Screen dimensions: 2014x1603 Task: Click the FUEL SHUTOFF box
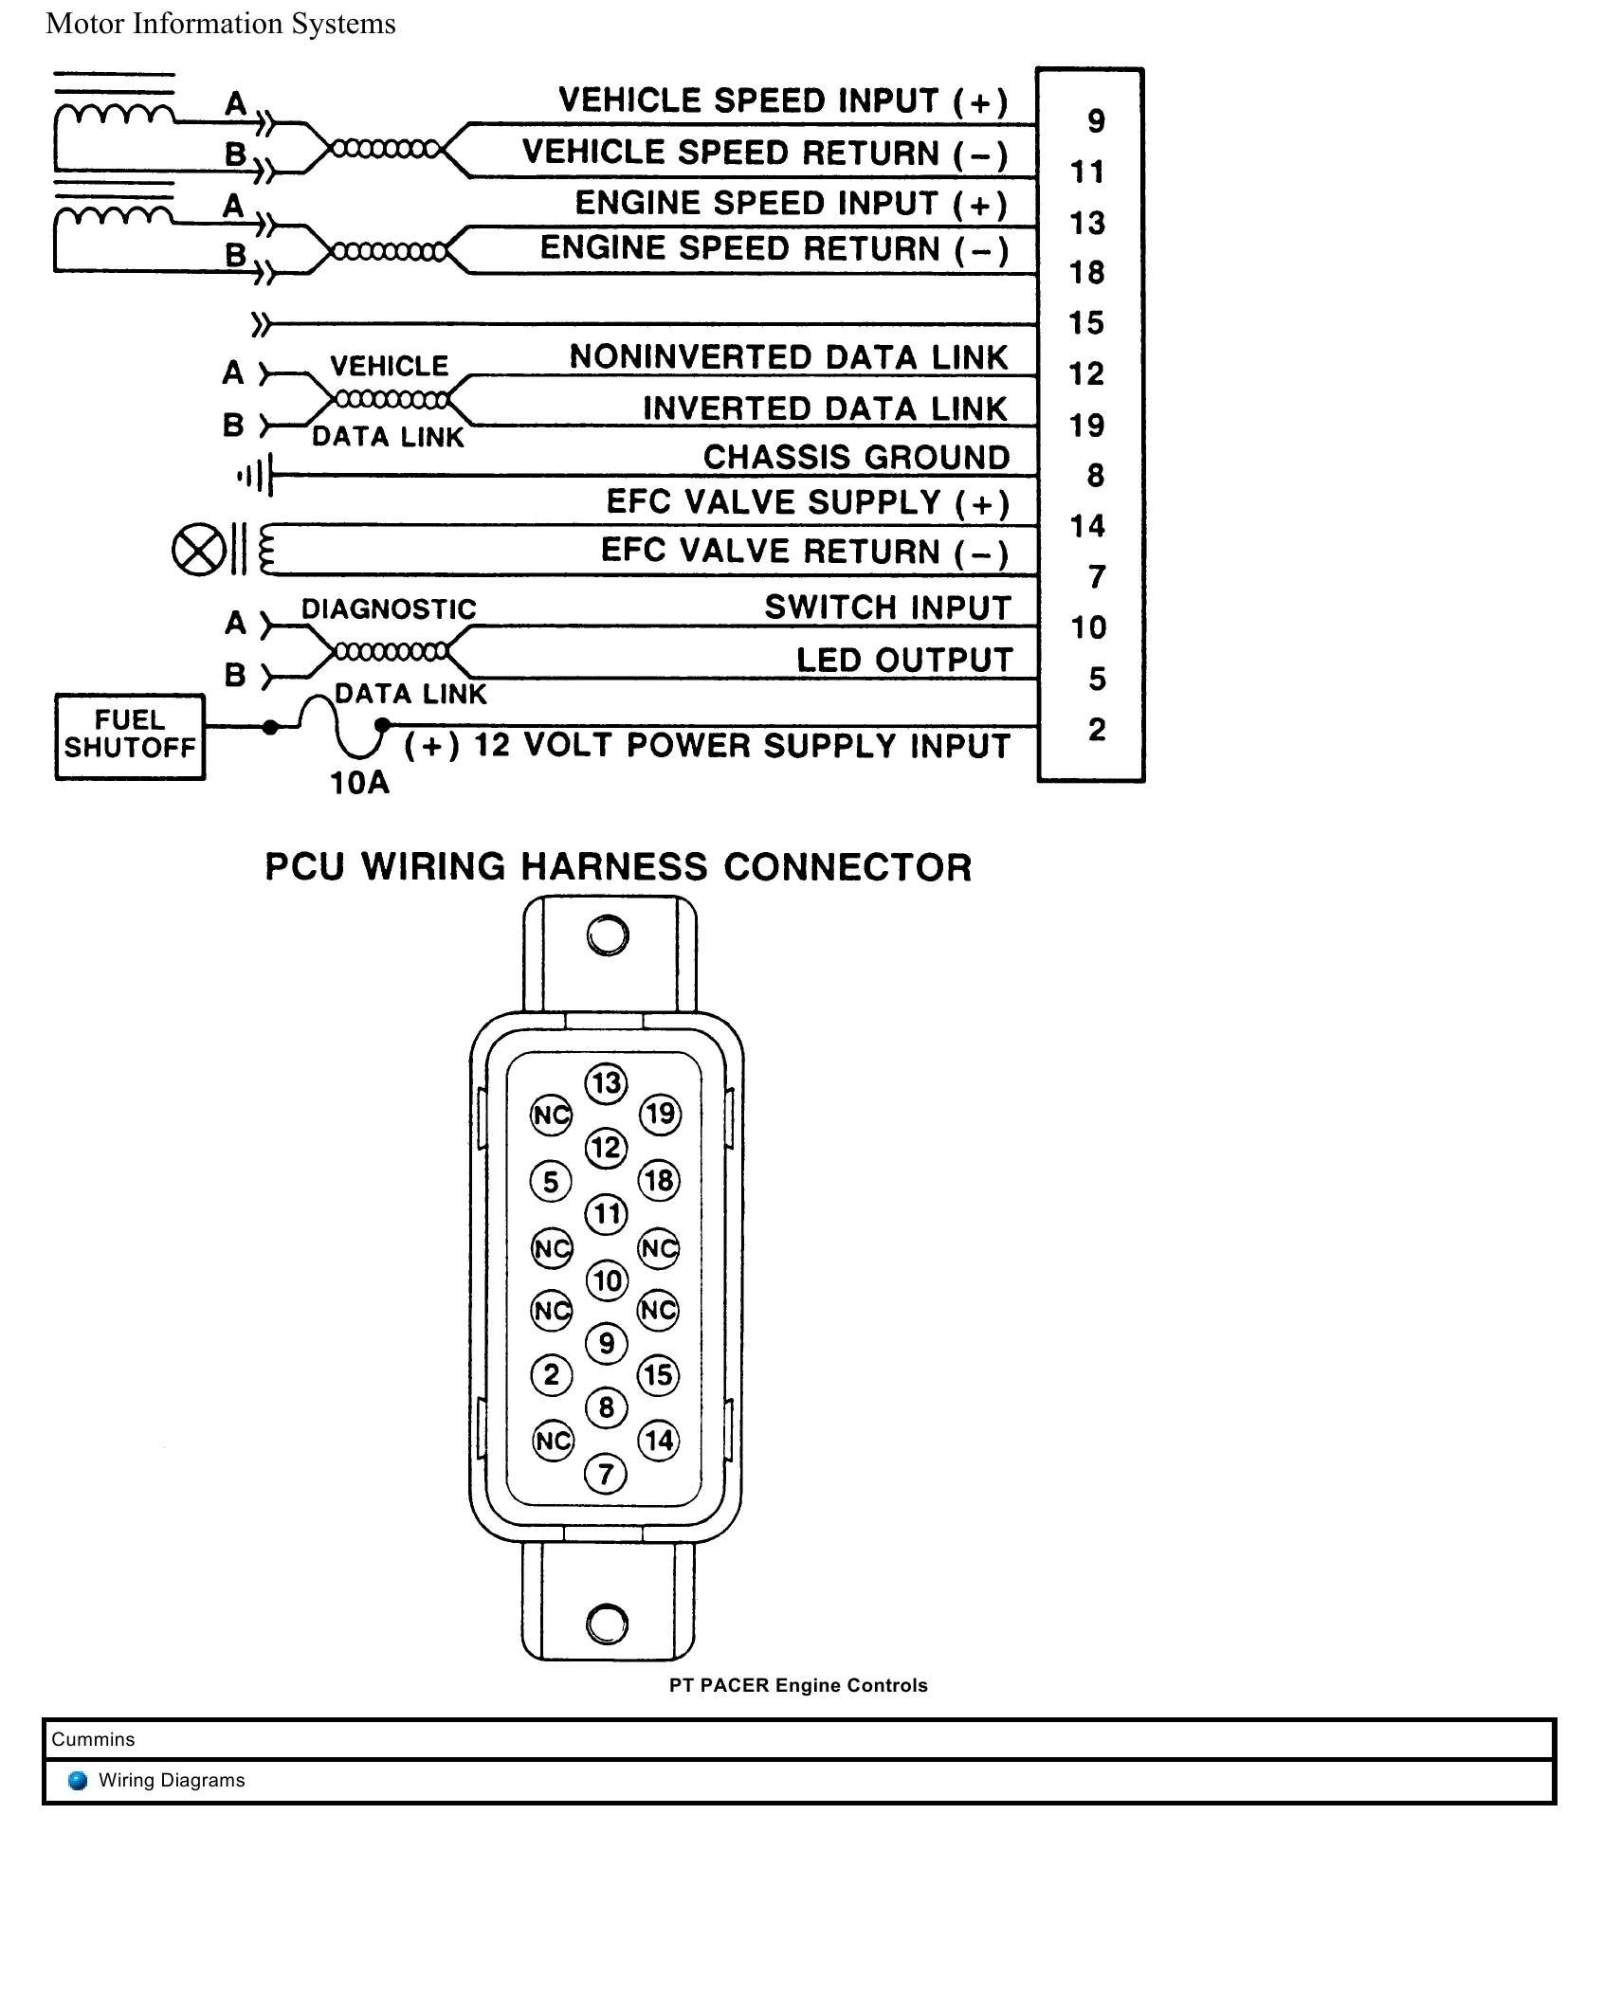130,736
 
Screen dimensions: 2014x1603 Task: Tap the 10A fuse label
359,783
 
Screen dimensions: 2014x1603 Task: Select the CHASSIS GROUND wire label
856,458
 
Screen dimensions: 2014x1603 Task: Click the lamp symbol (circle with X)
198,551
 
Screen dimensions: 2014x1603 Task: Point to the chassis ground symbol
257,475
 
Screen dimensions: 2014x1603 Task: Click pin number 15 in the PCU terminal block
1087,323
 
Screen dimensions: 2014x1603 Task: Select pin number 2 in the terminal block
1097,729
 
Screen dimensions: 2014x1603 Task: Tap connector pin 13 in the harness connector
607,1083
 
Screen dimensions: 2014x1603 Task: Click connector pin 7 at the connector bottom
606,1474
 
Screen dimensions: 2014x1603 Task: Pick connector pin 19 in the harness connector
660,1114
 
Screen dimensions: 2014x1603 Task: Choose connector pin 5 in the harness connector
552,1182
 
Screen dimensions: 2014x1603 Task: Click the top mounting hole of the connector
608,935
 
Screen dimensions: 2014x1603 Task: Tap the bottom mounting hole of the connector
607,1623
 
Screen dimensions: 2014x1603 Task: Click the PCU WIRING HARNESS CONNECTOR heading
618,867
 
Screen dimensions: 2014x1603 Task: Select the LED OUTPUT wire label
904,661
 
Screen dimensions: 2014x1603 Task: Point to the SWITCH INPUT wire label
887,608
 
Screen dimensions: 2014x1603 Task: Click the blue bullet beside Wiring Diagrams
79,1780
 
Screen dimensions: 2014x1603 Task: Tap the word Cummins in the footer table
93,1739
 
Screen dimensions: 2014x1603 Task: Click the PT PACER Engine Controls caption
798,1685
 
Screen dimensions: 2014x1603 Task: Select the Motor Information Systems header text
221,24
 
